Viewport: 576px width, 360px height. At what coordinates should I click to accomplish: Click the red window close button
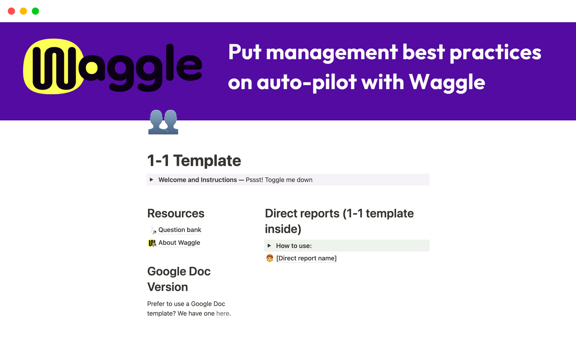coord(11,11)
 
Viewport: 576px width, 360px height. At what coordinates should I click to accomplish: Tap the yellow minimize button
coord(23,11)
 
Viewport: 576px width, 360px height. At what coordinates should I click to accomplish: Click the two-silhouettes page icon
coord(163,122)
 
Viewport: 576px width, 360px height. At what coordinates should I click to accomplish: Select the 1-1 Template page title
coord(194,160)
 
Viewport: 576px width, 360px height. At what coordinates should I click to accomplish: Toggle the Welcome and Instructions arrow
coord(151,180)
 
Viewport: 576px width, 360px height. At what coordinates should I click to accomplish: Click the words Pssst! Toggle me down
coord(279,180)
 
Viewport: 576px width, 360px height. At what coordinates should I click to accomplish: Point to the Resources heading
coord(176,213)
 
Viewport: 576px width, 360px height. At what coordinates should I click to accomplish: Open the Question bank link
coord(180,230)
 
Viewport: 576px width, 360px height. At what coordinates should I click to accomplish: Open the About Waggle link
coord(179,243)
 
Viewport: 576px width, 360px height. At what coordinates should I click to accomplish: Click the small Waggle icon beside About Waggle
coord(152,243)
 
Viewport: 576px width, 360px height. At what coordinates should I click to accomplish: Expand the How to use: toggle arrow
coord(269,246)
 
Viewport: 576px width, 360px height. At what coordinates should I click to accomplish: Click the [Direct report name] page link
coord(306,258)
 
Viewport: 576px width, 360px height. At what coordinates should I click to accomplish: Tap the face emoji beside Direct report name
coord(270,258)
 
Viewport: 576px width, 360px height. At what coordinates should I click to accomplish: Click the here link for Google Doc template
coord(223,313)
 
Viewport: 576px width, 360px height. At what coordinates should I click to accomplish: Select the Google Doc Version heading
coord(179,279)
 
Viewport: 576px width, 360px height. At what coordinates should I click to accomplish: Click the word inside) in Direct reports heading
coord(283,229)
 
